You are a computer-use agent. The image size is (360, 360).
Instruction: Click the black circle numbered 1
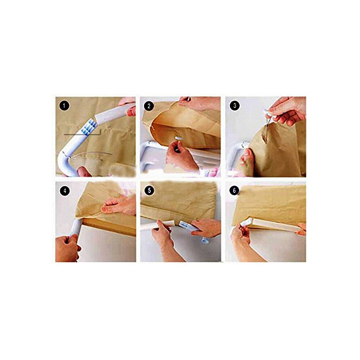coord(64,106)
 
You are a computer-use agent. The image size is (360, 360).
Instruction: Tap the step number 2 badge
coord(149,106)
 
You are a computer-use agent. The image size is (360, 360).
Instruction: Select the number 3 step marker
coord(235,105)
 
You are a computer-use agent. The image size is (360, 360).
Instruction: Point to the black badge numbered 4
coord(65,191)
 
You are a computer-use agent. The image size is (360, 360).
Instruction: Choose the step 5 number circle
coord(150,191)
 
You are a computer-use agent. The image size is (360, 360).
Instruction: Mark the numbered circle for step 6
coord(234,191)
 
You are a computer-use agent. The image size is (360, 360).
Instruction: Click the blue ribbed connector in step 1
coord(88,127)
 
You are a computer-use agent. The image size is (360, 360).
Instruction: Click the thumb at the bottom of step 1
coord(84,172)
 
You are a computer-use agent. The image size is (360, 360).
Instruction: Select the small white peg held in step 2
coord(179,138)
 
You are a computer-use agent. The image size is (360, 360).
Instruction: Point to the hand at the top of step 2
coord(200,103)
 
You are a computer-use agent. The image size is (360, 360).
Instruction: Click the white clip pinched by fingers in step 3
coord(269,114)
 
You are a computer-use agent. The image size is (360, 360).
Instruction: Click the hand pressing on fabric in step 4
coord(118,205)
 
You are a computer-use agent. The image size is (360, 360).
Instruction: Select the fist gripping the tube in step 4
coord(67,248)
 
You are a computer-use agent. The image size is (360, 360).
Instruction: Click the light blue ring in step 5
coord(205,241)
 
